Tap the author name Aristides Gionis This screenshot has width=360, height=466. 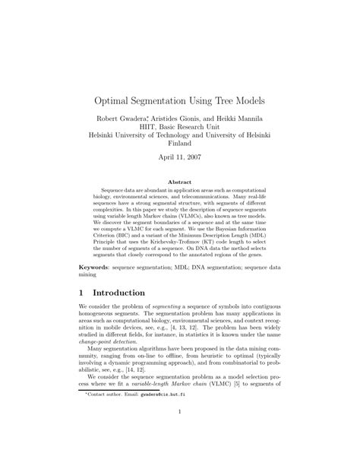pyautogui.click(x=175, y=119)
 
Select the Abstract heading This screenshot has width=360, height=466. pyautogui.click(x=179, y=183)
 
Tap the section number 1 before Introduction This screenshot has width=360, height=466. pyautogui.click(x=82, y=293)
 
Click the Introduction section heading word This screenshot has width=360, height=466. pyautogui.click(x=118, y=293)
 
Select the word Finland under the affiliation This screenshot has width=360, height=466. pyautogui.click(x=180, y=142)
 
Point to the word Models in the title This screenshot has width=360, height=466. pyautogui.click(x=253, y=100)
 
